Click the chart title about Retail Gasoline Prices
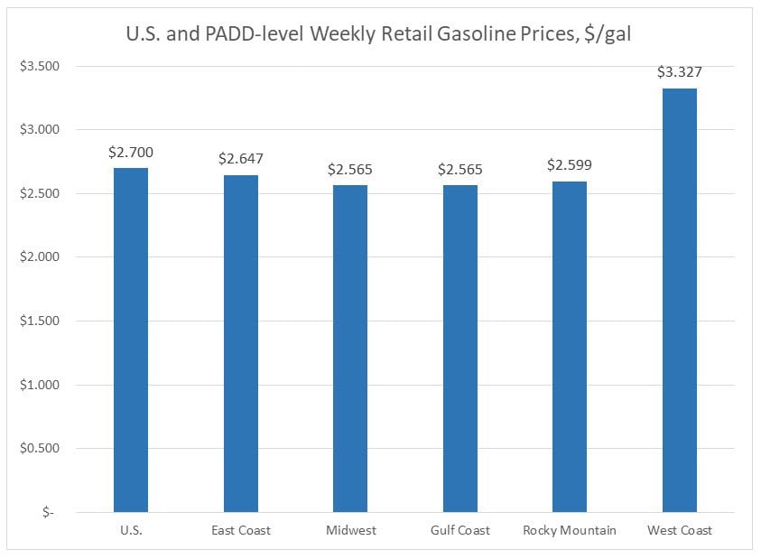pos(380,36)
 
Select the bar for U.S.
pos(131,340)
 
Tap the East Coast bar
pos(241,343)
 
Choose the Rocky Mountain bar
pos(570,346)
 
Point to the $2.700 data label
pos(131,153)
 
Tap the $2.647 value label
pos(241,159)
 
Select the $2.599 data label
pos(570,165)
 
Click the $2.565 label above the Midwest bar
pos(350,169)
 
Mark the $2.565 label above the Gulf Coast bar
pos(460,169)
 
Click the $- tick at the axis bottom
pos(48,512)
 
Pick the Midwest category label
pos(350,530)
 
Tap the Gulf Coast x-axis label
pos(460,530)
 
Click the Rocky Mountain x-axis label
pos(570,530)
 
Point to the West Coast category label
pos(679,530)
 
